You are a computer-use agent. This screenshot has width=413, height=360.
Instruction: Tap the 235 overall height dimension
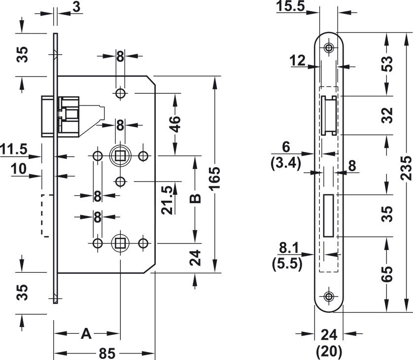[x=406, y=168]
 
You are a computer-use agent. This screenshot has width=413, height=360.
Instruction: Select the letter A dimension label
[x=86, y=334]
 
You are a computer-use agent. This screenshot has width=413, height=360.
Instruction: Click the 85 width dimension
[x=107, y=353]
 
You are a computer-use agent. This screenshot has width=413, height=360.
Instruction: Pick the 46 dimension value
[x=174, y=124]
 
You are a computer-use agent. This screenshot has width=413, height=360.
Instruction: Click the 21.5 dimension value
[x=168, y=200]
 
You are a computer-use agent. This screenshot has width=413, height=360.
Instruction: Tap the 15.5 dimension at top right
[x=291, y=6]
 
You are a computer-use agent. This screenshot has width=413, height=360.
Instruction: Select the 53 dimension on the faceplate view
[x=387, y=64]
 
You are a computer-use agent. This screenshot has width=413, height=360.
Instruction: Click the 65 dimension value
[x=387, y=274]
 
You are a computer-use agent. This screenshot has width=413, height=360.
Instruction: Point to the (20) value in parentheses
[x=329, y=351]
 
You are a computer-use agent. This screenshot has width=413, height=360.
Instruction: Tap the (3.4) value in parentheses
[x=286, y=164]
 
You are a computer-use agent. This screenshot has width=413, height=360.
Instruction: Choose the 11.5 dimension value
[x=14, y=149]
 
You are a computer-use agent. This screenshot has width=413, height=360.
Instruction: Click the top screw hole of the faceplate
[x=328, y=48]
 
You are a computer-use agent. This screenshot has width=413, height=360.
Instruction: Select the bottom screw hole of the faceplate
[x=328, y=296]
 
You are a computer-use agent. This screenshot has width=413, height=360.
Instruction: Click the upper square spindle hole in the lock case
[x=120, y=156]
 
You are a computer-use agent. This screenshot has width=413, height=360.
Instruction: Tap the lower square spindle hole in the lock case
[x=120, y=243]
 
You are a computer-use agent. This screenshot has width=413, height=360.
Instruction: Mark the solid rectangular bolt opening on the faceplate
[x=328, y=216]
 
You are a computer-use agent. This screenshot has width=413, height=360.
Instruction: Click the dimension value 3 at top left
[x=76, y=7]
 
